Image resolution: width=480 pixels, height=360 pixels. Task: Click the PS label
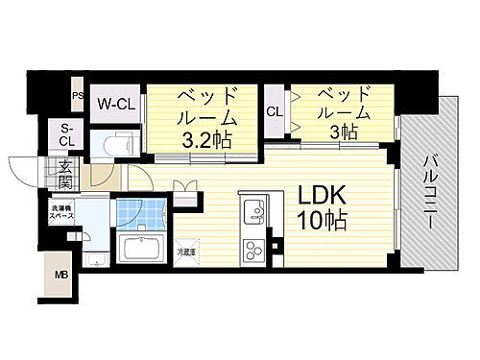(78, 95)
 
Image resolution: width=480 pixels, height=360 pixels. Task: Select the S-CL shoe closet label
(67, 135)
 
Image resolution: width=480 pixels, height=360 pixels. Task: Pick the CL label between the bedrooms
(275, 111)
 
